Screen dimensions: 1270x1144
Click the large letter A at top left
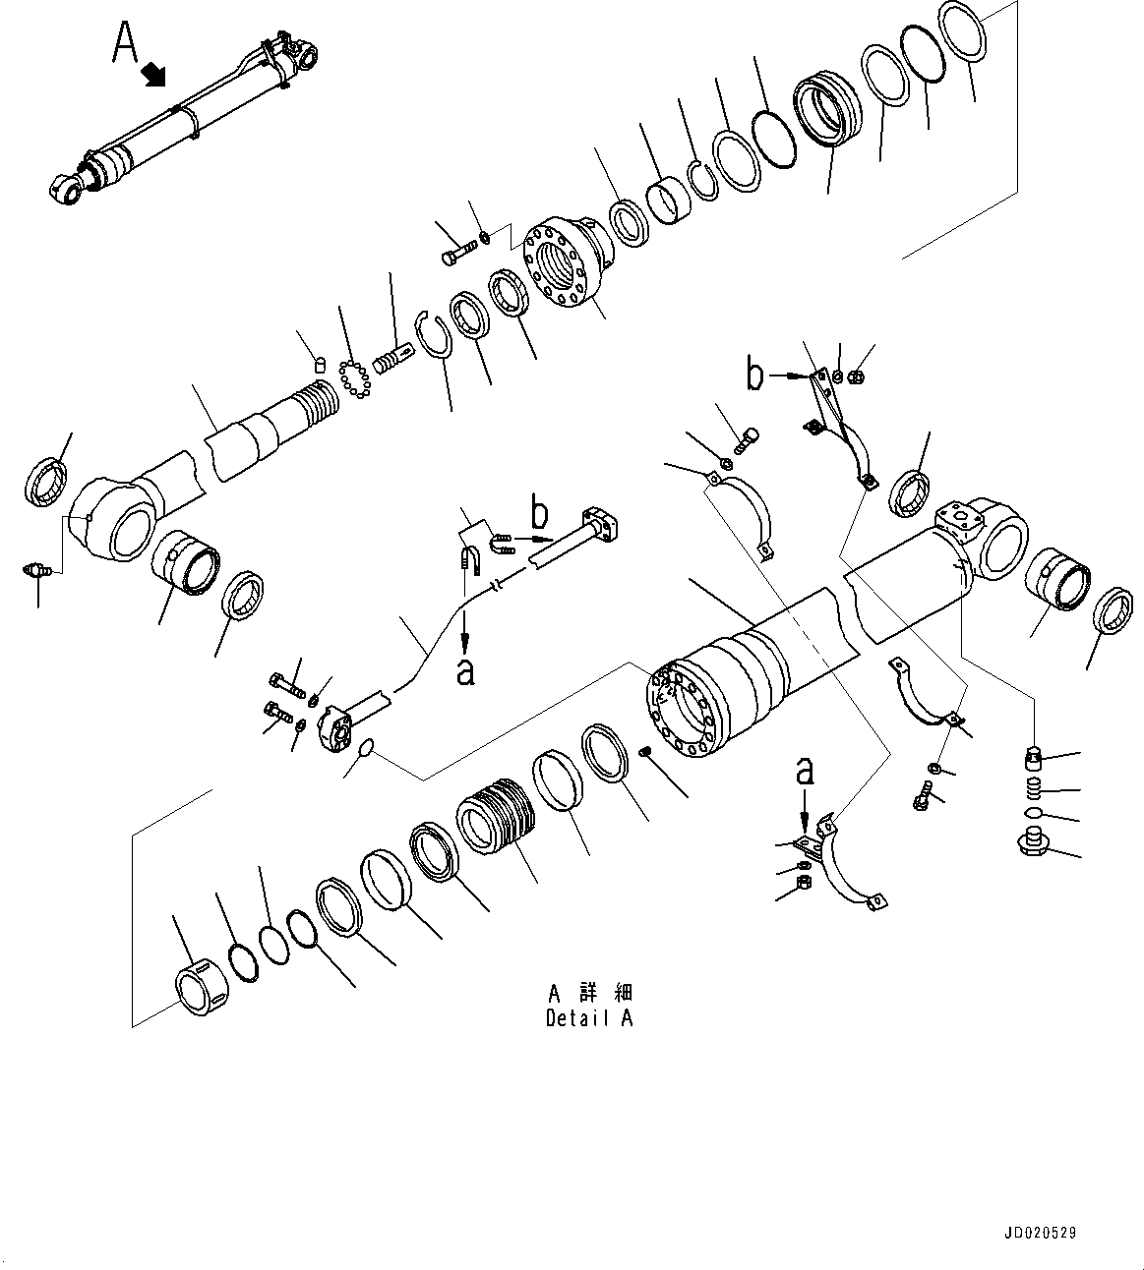pos(124,42)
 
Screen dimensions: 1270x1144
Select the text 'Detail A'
pos(589,1018)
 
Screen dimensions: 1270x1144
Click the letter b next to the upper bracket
pos(754,375)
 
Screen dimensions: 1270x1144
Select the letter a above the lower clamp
pos(805,771)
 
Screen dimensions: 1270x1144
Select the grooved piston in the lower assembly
pos(497,817)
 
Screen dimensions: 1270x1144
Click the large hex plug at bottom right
pos(1033,844)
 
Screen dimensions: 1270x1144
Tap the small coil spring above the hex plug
pos(1034,787)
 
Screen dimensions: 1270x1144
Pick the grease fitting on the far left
pos(37,569)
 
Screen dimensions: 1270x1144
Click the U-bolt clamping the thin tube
pos(469,561)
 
